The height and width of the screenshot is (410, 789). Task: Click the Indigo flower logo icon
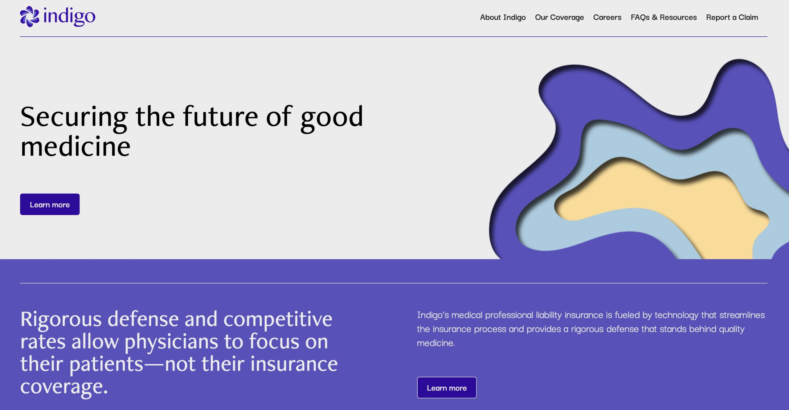pyautogui.click(x=30, y=17)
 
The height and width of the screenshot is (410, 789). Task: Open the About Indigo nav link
pyautogui.click(x=503, y=17)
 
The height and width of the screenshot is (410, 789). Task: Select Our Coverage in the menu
pyautogui.click(x=559, y=17)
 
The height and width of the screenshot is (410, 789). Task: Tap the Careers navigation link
pyautogui.click(x=607, y=17)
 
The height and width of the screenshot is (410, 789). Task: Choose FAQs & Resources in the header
pyautogui.click(x=664, y=17)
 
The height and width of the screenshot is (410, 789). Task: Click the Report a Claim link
pyautogui.click(x=732, y=17)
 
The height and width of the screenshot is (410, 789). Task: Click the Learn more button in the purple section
pyautogui.click(x=447, y=388)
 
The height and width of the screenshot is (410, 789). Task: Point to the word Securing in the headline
pyautogui.click(x=74, y=117)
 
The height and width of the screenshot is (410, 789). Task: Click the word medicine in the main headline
pyautogui.click(x=76, y=147)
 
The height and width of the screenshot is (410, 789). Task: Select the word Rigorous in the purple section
pyautogui.click(x=61, y=319)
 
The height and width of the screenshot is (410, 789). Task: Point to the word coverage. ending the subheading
pyautogui.click(x=64, y=387)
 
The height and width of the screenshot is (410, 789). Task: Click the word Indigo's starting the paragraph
pyautogui.click(x=433, y=315)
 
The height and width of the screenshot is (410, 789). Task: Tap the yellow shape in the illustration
pyautogui.click(x=663, y=203)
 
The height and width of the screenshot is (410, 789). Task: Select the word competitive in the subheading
pyautogui.click(x=278, y=319)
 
